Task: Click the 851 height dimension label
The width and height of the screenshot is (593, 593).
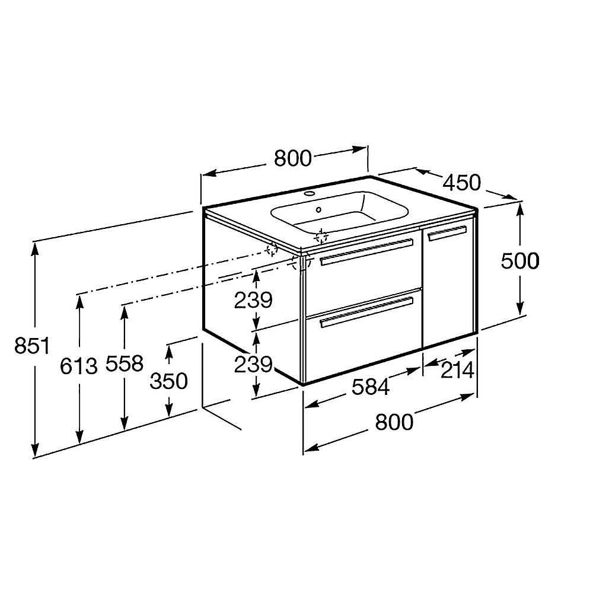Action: pos(32,346)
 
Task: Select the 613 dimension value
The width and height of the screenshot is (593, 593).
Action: pos(79,366)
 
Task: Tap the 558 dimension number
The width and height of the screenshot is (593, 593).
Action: pos(125,363)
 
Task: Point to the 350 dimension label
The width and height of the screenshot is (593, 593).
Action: pos(168,381)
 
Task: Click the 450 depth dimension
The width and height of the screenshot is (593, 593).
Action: pos(461,182)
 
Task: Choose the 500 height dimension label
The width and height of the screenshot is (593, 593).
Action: pos(519,261)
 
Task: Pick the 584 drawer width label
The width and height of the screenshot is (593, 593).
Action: pos(371,387)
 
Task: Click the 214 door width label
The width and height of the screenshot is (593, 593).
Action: pos(457,370)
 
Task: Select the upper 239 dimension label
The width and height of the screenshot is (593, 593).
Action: pos(253,300)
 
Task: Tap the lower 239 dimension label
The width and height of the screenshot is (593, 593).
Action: pos(253,365)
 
